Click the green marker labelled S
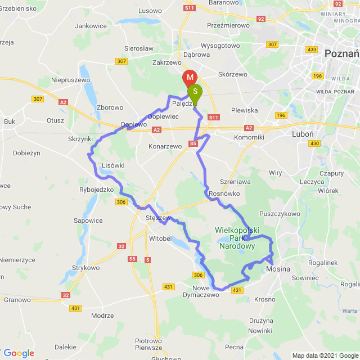(195, 91)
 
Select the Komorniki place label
(249, 137)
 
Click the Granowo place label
(17, 300)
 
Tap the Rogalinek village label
(322, 262)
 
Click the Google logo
(19, 353)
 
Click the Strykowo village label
(85, 268)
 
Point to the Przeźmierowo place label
(228, 25)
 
